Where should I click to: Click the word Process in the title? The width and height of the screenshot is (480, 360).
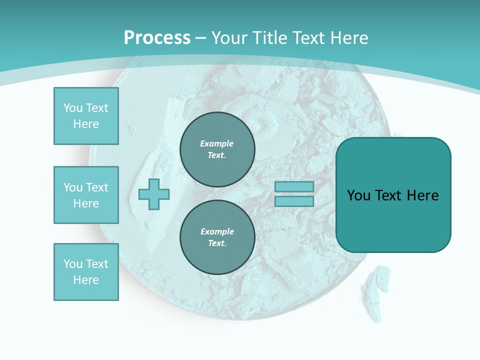click(x=157, y=38)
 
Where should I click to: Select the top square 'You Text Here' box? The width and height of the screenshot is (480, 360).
click(x=86, y=116)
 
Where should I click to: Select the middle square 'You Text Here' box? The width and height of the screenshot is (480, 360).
click(x=86, y=195)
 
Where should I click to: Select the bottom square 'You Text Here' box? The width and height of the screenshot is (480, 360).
click(x=86, y=272)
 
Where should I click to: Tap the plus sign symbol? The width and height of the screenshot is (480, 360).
click(x=154, y=194)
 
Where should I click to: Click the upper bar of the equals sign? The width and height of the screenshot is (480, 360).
click(x=294, y=186)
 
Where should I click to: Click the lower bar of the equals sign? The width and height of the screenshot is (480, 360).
click(x=294, y=201)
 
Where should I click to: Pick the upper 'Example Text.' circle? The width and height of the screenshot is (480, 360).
click(x=217, y=149)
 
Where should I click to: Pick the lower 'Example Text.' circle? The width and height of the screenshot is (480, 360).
click(x=217, y=237)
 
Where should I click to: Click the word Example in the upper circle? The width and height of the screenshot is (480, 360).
click(x=217, y=143)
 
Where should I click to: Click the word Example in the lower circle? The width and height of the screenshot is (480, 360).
click(x=217, y=231)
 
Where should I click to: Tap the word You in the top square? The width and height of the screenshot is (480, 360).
click(x=73, y=108)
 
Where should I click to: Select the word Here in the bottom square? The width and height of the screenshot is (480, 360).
click(x=86, y=280)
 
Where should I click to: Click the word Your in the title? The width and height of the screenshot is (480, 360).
click(x=229, y=38)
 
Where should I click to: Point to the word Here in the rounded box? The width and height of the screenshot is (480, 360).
click(x=422, y=195)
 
